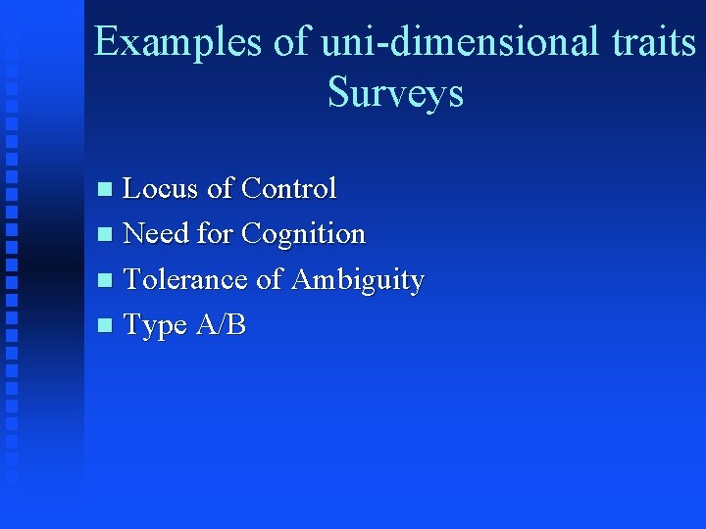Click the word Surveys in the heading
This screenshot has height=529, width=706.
point(395,93)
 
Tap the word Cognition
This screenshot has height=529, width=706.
point(303,234)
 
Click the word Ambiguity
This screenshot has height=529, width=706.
point(358,281)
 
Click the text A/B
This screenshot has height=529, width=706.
point(221,325)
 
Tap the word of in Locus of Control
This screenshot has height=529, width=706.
point(220,187)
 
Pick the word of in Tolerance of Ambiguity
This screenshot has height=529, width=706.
point(269,279)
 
